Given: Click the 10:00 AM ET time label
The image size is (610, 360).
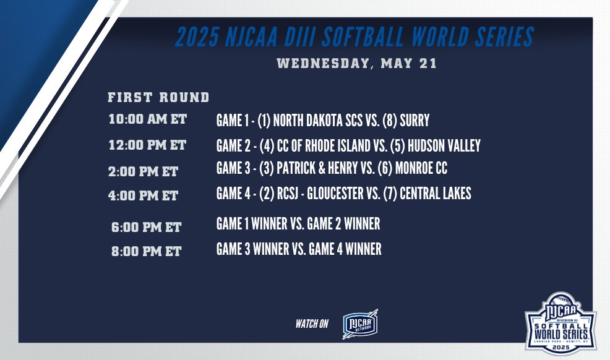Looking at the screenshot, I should tap(147, 119).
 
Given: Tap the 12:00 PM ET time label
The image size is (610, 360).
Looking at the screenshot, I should tap(147, 146).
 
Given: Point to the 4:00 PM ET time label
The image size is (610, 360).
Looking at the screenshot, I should tap(143, 196).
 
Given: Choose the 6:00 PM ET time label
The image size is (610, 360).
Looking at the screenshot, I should tap(146, 228).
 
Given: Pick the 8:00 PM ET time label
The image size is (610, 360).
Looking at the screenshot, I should tap(146, 252).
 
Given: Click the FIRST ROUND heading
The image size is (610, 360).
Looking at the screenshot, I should tap(158, 97).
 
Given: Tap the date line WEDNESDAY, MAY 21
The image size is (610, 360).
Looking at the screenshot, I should tap(356, 63).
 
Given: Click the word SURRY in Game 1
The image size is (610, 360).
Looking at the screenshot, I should tap(415, 120).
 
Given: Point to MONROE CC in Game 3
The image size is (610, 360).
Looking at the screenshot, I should tap(423, 168).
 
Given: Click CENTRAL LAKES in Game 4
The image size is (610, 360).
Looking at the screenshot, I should tap(436, 194).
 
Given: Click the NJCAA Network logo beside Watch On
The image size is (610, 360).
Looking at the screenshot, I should tap(360, 324).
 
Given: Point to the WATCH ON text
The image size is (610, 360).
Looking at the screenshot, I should tap(312, 324).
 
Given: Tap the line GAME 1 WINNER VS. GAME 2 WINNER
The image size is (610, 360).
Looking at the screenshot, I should tap(298, 224).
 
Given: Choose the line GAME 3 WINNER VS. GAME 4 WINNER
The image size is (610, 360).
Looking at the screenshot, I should tap(299, 249).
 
